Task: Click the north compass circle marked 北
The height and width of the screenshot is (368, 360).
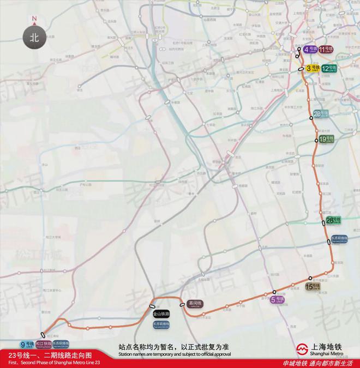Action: [34, 38]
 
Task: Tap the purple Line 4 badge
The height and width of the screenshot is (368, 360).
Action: [310, 50]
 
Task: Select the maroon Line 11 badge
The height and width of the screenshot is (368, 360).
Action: [326, 50]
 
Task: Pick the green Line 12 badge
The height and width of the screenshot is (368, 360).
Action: [328, 68]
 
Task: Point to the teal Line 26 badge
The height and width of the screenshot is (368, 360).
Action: [321, 114]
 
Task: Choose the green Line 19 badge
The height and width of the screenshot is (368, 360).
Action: [326, 139]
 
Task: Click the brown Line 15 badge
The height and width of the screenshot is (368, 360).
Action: [313, 286]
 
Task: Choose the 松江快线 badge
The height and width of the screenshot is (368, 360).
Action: [44, 344]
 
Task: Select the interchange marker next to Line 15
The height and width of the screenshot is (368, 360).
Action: [310, 279]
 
